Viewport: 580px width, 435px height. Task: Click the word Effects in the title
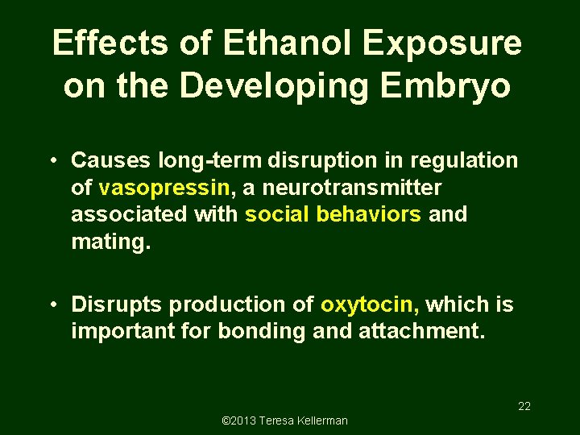click(112, 43)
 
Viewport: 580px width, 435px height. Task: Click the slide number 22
click(524, 406)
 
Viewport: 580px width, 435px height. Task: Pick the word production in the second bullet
click(234, 304)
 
